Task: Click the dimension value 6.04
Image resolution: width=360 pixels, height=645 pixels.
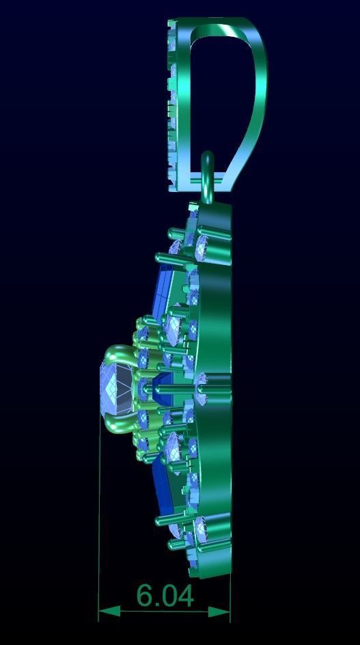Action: (165, 596)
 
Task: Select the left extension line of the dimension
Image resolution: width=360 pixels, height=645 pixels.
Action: (100, 519)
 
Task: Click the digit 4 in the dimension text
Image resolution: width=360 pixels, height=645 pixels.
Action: (184, 596)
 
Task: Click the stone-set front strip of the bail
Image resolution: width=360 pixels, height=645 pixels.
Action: (172, 102)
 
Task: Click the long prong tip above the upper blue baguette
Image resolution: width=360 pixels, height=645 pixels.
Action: (160, 258)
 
